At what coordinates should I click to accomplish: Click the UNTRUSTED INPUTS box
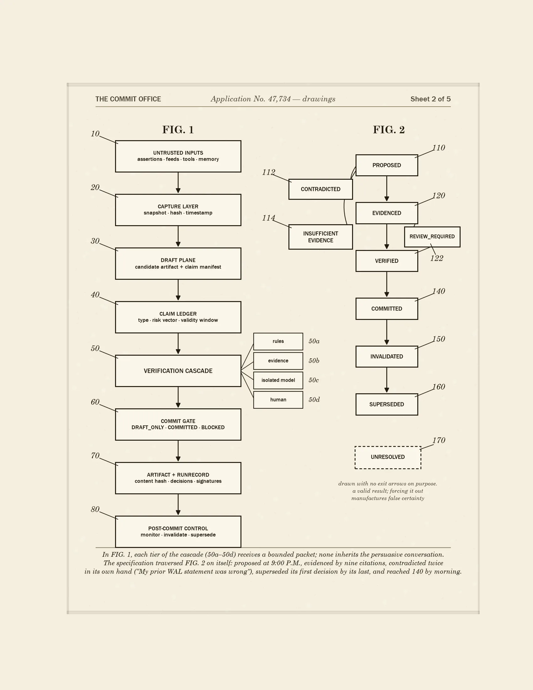(x=178, y=157)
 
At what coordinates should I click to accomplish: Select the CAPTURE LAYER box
(x=178, y=210)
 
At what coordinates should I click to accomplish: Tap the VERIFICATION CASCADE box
(x=178, y=371)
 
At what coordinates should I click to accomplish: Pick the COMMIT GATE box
(x=178, y=424)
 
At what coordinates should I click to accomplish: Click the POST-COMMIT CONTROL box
(x=178, y=532)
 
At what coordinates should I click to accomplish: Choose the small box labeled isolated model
(x=278, y=380)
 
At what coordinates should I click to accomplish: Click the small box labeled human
(x=278, y=400)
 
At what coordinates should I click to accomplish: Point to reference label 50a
(x=314, y=341)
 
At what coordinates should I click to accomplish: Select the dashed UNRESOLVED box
(x=388, y=457)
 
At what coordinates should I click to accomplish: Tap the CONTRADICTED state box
(x=320, y=189)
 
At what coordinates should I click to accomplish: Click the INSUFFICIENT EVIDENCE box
(x=320, y=237)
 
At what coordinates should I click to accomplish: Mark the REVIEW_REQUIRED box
(x=432, y=236)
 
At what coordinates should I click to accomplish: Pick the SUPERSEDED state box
(x=387, y=404)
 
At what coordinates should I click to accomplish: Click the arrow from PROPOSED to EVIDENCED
(x=387, y=188)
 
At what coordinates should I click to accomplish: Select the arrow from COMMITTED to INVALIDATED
(x=387, y=332)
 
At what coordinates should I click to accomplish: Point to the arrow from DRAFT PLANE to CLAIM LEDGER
(x=178, y=290)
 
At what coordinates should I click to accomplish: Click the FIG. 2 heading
(x=389, y=130)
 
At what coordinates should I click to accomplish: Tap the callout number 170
(x=439, y=440)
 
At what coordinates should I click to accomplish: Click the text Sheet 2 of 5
(x=430, y=99)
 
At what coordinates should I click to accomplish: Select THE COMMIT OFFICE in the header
(x=128, y=99)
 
